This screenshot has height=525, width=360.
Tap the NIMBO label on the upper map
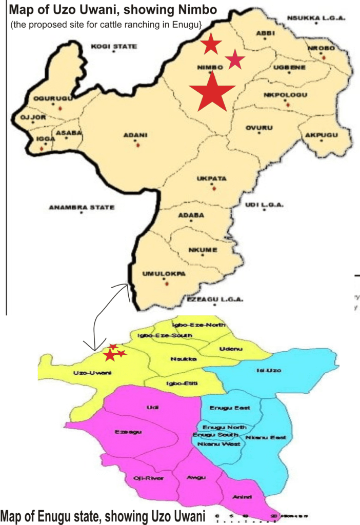tap(210, 67)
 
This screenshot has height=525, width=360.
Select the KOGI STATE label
tap(114, 47)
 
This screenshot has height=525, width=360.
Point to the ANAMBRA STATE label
tap(82, 208)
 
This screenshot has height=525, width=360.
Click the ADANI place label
tap(135, 135)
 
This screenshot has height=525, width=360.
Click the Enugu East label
tap(230, 408)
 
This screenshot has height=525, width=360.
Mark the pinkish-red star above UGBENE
tap(235, 59)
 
